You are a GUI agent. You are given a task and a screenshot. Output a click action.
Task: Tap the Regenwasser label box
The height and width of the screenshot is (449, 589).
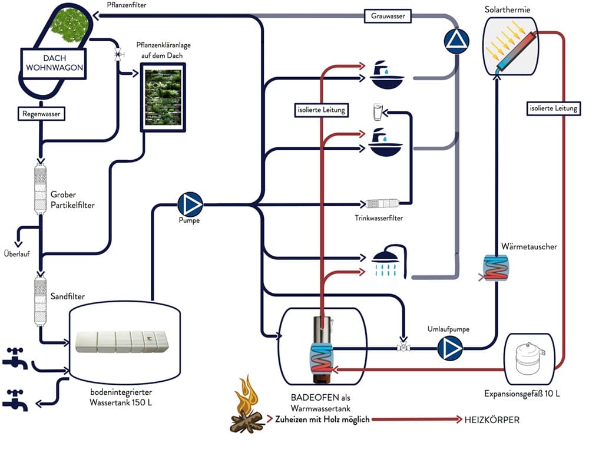click(x=41, y=113)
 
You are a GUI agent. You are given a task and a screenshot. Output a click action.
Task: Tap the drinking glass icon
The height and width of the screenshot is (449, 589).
click(x=378, y=112)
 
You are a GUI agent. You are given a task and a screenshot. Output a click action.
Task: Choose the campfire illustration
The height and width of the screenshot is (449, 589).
click(x=247, y=405)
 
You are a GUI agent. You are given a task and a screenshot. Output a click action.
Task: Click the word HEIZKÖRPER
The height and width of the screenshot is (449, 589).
click(x=492, y=420)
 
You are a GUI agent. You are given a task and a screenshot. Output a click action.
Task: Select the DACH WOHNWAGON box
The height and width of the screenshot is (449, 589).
click(x=52, y=62)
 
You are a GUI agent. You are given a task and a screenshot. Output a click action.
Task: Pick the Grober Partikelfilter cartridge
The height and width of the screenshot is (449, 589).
click(x=40, y=190)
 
